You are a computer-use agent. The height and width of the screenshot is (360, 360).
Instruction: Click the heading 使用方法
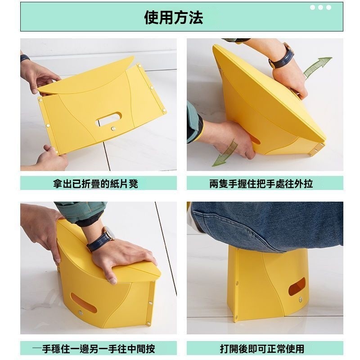(174, 18)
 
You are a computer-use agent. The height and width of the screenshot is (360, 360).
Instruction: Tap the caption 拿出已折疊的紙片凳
(95, 184)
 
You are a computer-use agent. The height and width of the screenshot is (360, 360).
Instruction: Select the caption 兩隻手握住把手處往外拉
(261, 184)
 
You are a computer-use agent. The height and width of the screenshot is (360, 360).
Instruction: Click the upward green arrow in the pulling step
(317, 67)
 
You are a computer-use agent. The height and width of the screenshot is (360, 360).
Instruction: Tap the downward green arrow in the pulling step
(225, 153)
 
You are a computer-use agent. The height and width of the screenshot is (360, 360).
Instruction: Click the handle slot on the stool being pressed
(83, 302)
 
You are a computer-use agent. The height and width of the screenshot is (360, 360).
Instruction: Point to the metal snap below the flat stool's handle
(113, 129)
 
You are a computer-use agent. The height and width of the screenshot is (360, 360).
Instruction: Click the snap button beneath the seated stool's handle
(301, 299)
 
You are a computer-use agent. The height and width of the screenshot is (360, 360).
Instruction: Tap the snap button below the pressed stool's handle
(81, 312)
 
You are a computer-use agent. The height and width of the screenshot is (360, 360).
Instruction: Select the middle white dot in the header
(320, 8)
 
